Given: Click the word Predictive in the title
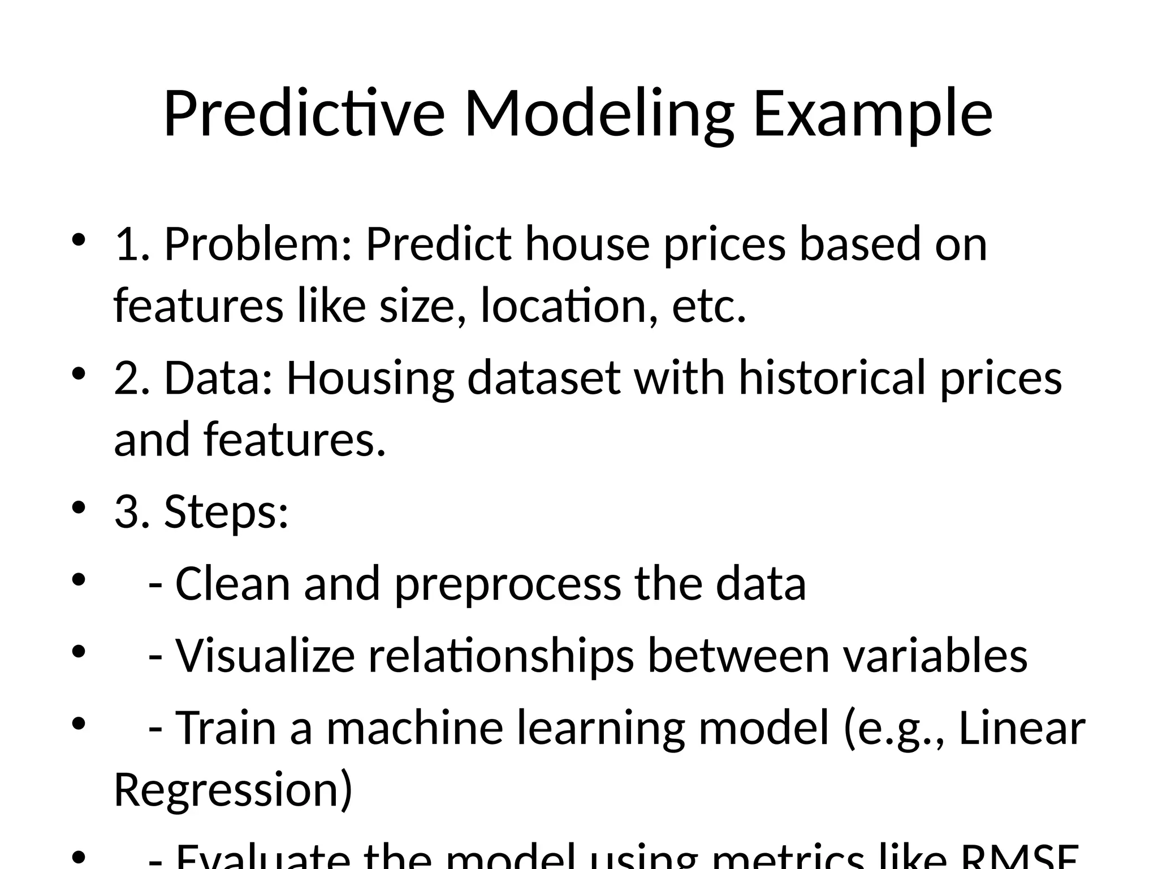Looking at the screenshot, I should (304, 114).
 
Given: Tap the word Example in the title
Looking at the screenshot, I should (872, 114).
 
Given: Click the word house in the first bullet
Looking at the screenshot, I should (587, 244).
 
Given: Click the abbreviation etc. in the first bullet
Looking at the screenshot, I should (709, 306).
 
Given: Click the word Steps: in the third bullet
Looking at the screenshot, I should (226, 511).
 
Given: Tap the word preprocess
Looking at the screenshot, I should (507, 585).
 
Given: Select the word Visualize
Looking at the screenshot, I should (265, 656).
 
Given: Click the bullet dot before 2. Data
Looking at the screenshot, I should (78, 373).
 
